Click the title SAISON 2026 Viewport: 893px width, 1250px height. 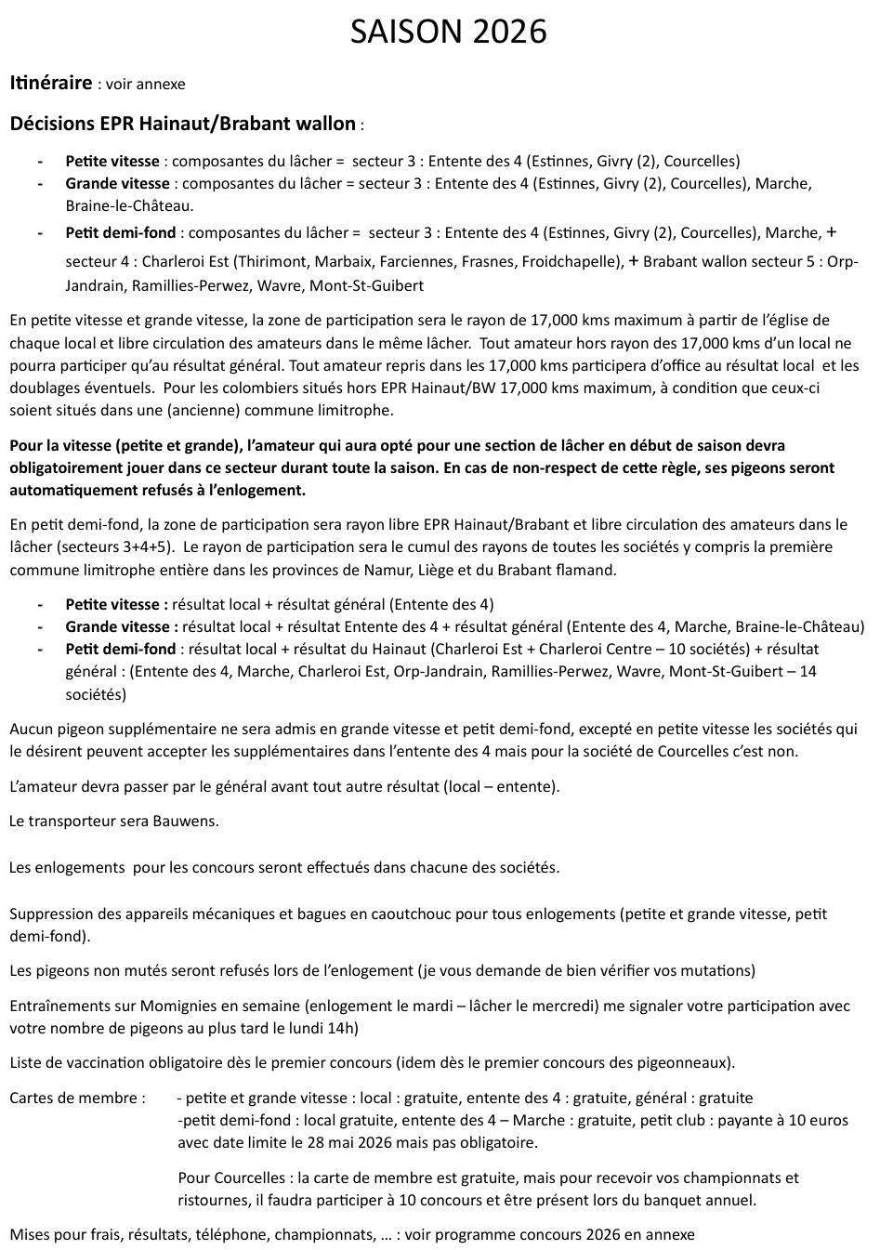(x=448, y=33)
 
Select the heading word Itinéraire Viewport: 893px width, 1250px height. (x=50, y=83)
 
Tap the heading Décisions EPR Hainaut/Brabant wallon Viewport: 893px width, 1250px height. (x=182, y=123)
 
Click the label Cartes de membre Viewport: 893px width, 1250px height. (x=77, y=1098)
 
